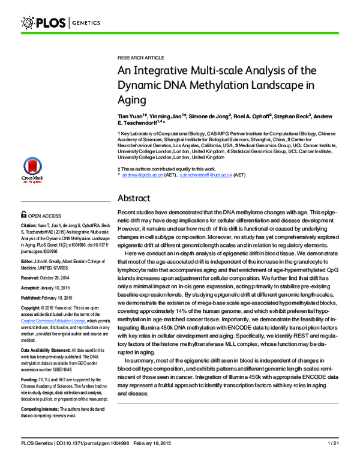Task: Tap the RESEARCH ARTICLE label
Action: (140, 58)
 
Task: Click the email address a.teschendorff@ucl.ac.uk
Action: (201, 175)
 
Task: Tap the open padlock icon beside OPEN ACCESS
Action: (23, 214)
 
